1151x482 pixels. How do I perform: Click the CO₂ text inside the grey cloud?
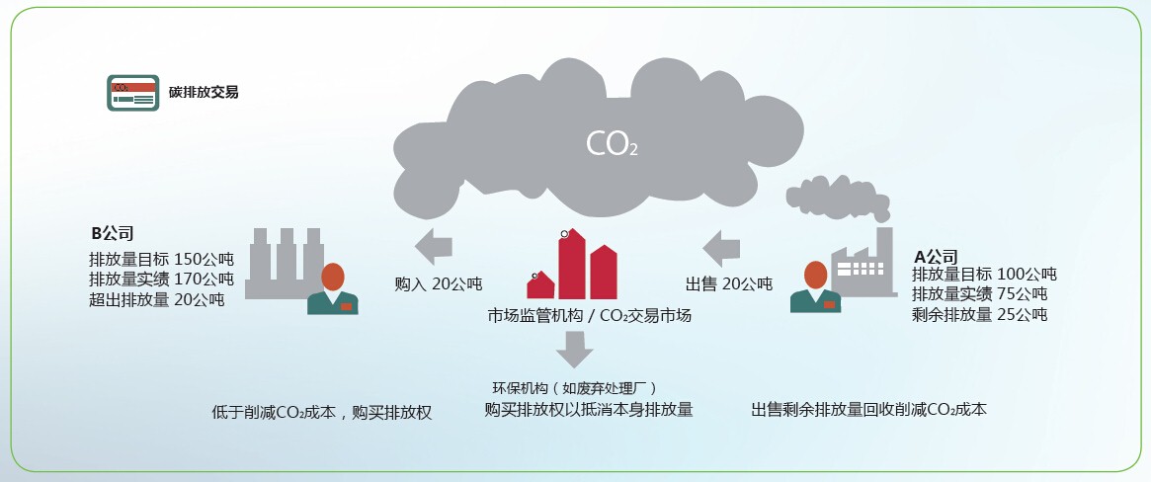[612, 144]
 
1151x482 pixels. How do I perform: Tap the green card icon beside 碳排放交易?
[131, 93]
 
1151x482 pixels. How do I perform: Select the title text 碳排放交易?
[204, 93]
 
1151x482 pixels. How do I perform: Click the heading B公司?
[113, 234]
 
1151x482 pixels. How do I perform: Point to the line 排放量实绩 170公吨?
[161, 279]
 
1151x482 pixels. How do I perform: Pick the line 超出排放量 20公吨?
[156, 299]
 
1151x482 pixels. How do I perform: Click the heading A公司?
[936, 256]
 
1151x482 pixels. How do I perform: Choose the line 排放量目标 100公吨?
[984, 274]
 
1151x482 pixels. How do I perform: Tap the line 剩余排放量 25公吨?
[979, 315]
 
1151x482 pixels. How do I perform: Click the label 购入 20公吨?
[438, 284]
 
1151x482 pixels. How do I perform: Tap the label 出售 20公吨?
[729, 284]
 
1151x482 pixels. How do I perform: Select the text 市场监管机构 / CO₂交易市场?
[589, 316]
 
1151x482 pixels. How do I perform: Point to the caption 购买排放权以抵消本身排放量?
[589, 409]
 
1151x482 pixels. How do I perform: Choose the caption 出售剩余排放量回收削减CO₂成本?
[868, 409]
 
